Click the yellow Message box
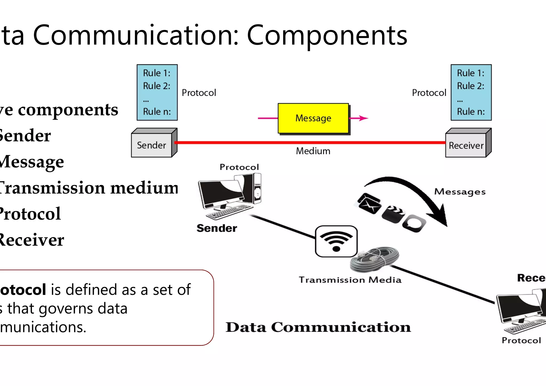pos(313,118)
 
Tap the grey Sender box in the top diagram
pos(151,145)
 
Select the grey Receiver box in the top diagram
pos(466,146)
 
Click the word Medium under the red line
pos(313,151)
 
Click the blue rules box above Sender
pos(157,92)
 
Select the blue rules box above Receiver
pos(471,92)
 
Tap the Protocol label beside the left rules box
pos(199,93)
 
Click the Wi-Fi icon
pos(336,241)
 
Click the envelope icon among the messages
pos(369,204)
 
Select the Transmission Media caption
pos(350,280)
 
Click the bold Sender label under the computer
pos(217,228)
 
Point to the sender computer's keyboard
pos(231,212)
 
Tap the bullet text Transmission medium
pos(88,188)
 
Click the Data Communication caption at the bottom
pos(318,327)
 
